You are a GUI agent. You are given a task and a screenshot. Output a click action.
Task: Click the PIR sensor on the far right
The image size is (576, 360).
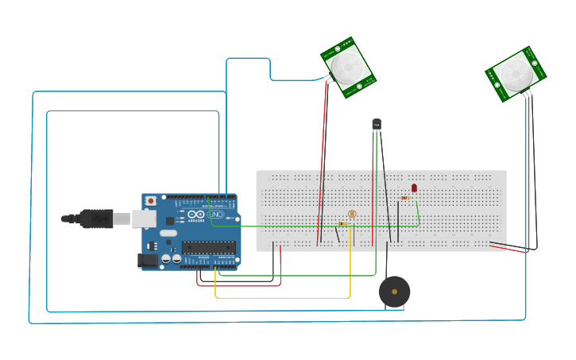click(x=516, y=74)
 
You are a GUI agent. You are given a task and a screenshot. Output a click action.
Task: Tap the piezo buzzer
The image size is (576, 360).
click(x=394, y=292)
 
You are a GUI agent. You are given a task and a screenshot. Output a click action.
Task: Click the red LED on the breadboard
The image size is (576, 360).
click(x=414, y=188)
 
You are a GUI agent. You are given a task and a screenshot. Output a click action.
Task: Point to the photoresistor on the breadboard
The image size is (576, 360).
click(x=352, y=214)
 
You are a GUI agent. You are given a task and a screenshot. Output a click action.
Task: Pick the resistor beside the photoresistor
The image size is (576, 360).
click(x=342, y=224)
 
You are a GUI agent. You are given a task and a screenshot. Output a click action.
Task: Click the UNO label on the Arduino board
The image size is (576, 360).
click(x=215, y=215)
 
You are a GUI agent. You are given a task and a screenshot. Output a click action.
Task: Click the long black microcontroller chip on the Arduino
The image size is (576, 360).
click(x=208, y=247)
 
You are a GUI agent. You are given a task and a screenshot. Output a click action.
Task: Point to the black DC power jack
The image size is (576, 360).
click(x=149, y=260)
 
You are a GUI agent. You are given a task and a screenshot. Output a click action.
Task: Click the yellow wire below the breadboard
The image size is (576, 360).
click(x=282, y=298)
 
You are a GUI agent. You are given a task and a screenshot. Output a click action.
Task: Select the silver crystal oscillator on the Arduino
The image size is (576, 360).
click(x=168, y=234)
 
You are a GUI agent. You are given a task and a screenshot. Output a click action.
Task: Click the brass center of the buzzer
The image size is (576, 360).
click(x=394, y=292)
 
